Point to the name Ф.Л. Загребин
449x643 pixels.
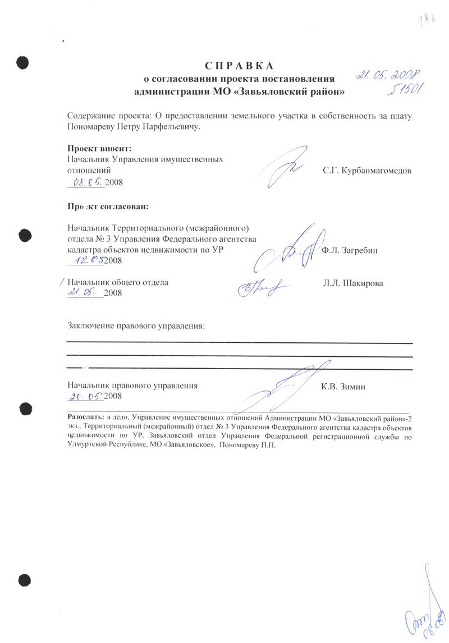click(350, 251)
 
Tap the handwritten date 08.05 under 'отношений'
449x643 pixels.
click(86, 182)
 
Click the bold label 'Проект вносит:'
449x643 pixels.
click(99, 149)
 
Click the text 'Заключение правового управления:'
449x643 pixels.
click(135, 325)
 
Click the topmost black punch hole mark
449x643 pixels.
click(22, 62)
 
